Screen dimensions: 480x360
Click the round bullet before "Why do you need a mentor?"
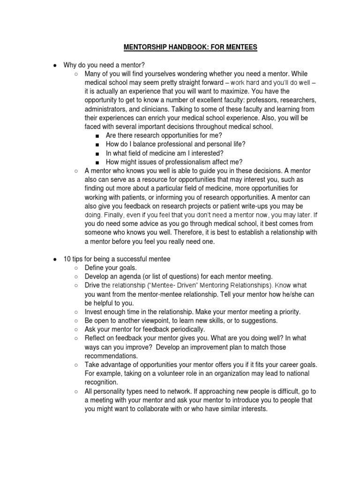[x=55, y=65]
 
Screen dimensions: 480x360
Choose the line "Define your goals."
[x=111, y=268]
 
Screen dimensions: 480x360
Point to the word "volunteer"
[x=172, y=374]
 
